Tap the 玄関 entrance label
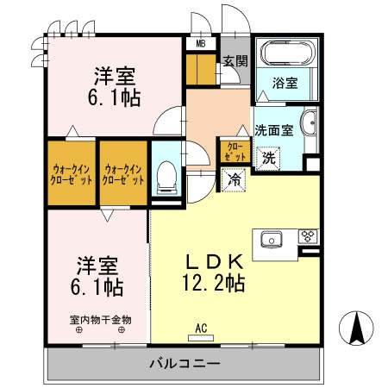(x=235, y=60)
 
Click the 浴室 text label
(x=286, y=84)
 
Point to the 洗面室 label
(x=273, y=131)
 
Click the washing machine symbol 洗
(x=268, y=158)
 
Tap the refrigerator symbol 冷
(x=234, y=179)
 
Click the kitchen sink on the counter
(x=268, y=238)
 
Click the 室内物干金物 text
(x=101, y=319)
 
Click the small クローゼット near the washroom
(x=234, y=152)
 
